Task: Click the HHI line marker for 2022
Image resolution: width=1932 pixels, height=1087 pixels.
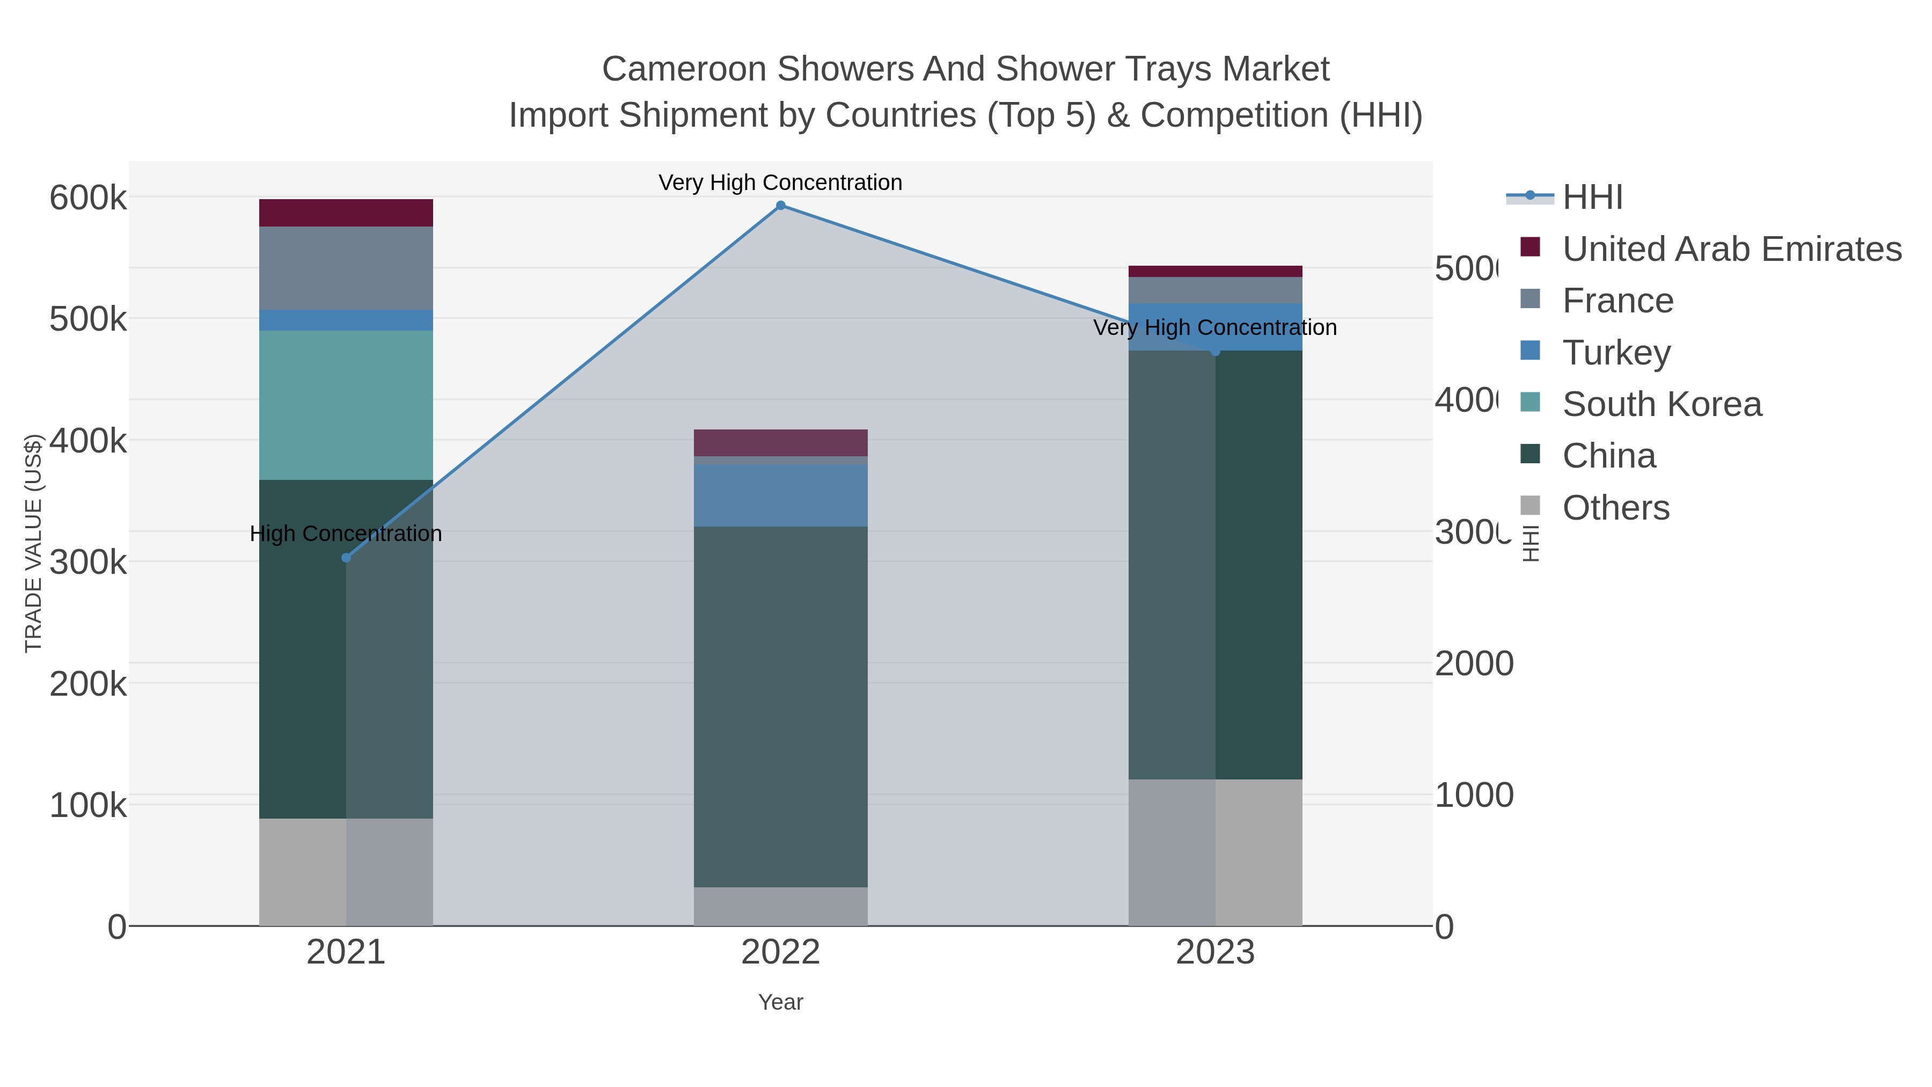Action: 780,206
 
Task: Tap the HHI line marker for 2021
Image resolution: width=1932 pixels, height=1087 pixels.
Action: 346,557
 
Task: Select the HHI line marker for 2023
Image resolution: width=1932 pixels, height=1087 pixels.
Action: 1215,351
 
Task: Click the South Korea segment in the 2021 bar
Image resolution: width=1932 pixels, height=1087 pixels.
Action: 346,405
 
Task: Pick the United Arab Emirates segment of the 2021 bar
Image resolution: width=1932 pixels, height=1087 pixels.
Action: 346,213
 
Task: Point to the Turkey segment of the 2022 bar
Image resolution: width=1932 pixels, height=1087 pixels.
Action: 780,495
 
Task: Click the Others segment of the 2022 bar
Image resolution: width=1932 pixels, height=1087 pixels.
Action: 780,906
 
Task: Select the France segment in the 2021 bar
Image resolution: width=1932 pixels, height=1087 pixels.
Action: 346,268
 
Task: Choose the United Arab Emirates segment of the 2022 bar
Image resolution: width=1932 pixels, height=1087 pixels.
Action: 780,443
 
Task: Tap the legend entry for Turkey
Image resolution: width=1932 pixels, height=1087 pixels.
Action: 1616,353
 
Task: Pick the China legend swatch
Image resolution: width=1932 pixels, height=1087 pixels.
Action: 1530,455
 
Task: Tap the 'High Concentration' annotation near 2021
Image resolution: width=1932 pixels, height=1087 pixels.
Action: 346,534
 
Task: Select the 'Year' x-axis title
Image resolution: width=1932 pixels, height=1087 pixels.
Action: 780,1002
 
